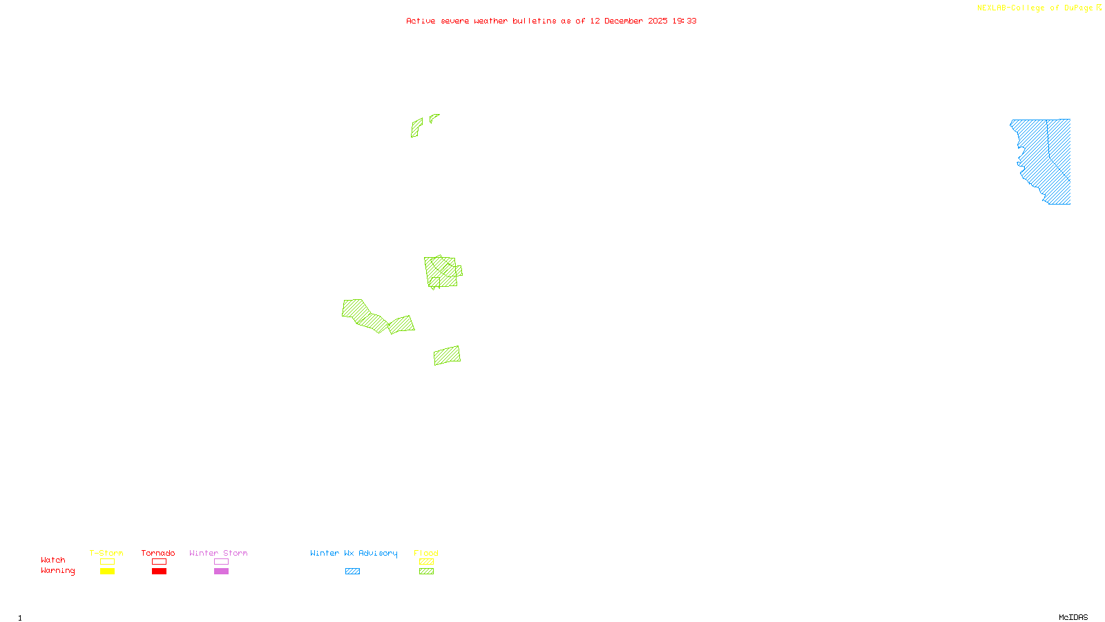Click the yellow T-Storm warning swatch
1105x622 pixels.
pos(107,572)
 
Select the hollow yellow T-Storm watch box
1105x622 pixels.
pos(107,562)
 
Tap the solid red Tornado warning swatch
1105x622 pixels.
pos(160,572)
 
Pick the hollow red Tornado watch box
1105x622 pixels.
pos(160,562)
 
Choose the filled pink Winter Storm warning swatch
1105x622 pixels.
pos(221,572)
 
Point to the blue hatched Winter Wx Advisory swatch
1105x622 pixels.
pos(352,572)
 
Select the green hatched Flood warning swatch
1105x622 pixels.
pos(426,572)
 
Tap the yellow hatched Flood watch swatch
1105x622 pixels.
pos(426,562)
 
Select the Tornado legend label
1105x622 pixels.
pos(158,553)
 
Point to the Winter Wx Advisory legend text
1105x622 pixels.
pos(354,553)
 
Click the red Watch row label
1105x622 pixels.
pos(53,560)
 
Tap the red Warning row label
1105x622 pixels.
pos(57,571)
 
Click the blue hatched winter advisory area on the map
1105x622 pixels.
pos(1043,159)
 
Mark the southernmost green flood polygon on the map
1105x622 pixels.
pos(447,355)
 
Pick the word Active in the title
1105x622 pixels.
pos(421,21)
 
